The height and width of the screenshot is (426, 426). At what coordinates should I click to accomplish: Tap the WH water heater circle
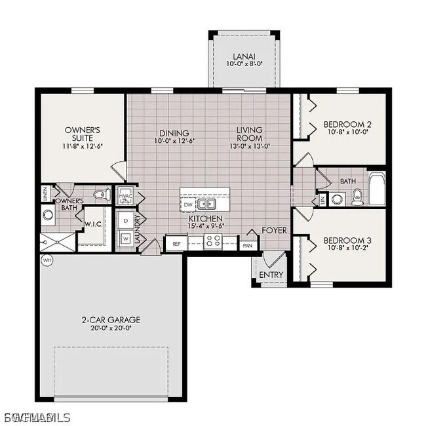point(46,260)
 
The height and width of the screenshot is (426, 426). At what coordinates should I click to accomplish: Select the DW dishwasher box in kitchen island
point(188,204)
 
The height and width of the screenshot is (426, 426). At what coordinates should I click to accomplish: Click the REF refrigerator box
point(176,244)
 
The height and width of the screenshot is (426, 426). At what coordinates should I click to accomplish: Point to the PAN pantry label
point(247,245)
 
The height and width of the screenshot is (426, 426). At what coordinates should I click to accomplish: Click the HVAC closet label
point(126,196)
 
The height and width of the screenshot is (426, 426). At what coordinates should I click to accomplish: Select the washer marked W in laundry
point(125,239)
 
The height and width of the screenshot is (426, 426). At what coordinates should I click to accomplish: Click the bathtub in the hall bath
point(377,189)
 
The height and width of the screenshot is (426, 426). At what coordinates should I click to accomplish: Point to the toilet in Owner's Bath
point(100,194)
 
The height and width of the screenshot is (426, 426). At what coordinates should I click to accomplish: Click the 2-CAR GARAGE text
point(111,320)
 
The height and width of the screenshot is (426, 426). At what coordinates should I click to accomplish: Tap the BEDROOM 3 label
point(348,240)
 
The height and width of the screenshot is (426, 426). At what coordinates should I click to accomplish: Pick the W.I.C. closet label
point(91,223)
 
